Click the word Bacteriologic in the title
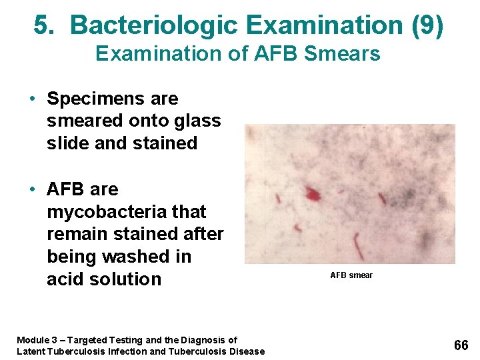154,25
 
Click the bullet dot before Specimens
32,99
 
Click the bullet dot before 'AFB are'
32,190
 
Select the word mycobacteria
103,212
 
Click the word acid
66,279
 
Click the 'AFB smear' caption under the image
351,275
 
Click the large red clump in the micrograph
312,195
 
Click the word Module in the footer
32,340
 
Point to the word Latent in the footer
31,351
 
